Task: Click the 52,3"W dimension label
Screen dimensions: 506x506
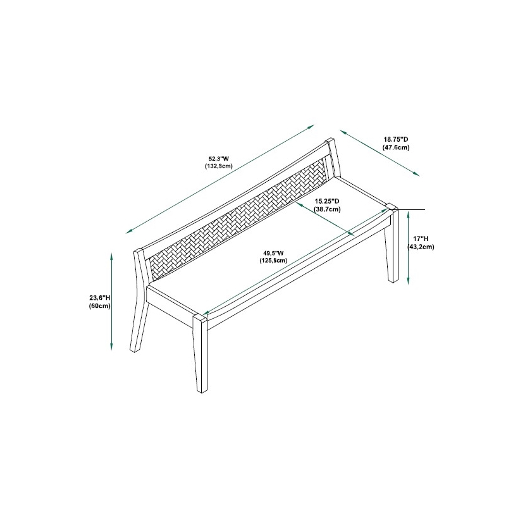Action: [219, 159]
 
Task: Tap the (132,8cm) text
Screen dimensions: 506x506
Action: [219, 166]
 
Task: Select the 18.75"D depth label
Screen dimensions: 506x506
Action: [396, 140]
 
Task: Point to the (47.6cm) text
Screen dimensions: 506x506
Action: [396, 147]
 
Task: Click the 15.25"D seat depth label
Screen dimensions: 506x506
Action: [327, 201]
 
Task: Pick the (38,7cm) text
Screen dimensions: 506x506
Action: [327, 209]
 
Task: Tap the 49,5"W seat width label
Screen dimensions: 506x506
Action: [273, 253]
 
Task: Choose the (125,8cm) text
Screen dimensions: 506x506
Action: [273, 261]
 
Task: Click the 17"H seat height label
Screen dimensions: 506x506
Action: [421, 239]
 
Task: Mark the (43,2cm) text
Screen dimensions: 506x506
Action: [421, 247]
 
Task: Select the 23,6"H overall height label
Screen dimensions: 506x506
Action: [100, 298]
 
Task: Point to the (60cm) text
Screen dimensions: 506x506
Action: [100, 305]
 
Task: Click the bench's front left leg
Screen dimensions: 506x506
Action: [200, 354]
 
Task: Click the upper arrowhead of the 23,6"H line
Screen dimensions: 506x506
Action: [112, 257]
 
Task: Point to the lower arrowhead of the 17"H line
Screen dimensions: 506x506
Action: [408, 281]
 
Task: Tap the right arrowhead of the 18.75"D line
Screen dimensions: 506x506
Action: [417, 175]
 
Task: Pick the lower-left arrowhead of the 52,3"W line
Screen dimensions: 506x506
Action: [130, 231]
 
